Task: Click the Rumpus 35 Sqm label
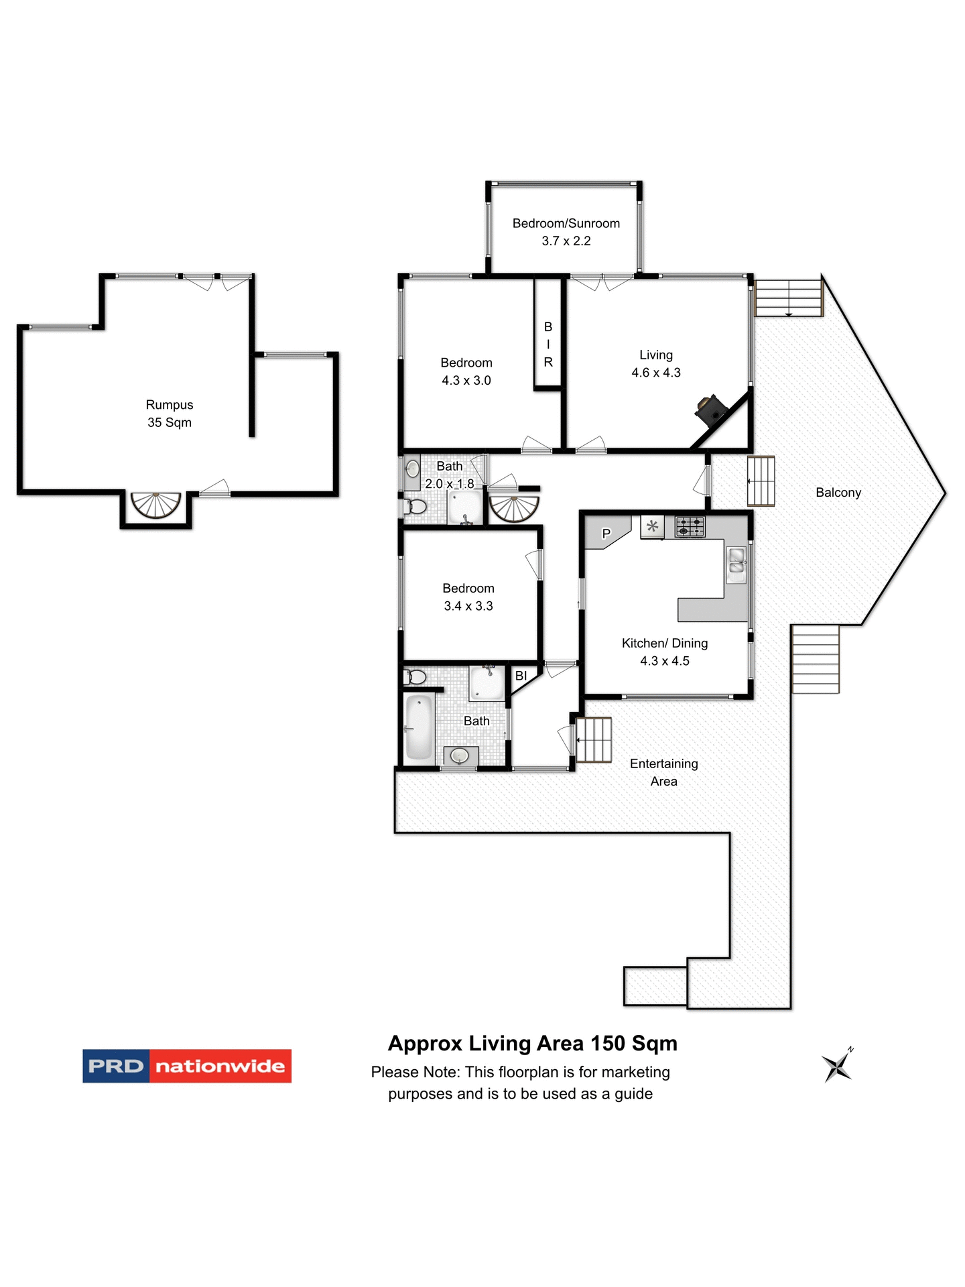click(x=170, y=414)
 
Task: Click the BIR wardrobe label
click(x=548, y=344)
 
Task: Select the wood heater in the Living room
click(x=709, y=410)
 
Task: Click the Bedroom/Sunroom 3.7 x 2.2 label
click(x=566, y=232)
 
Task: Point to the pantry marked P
click(x=606, y=534)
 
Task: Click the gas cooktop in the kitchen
click(x=690, y=526)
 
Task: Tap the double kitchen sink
click(x=736, y=564)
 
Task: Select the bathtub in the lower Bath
click(x=420, y=727)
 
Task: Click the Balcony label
click(x=838, y=493)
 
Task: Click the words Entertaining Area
click(x=663, y=772)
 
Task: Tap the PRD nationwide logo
click(x=187, y=1066)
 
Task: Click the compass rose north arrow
click(x=837, y=1065)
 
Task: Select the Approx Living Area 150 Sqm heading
click(x=532, y=1044)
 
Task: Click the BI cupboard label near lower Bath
click(x=521, y=676)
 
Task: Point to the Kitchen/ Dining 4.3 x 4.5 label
click(x=664, y=652)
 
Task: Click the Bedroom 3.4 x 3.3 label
click(x=468, y=597)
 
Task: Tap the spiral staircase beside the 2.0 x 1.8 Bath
click(x=514, y=508)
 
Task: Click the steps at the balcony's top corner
click(x=788, y=298)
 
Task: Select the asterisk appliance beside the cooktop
click(x=652, y=526)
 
